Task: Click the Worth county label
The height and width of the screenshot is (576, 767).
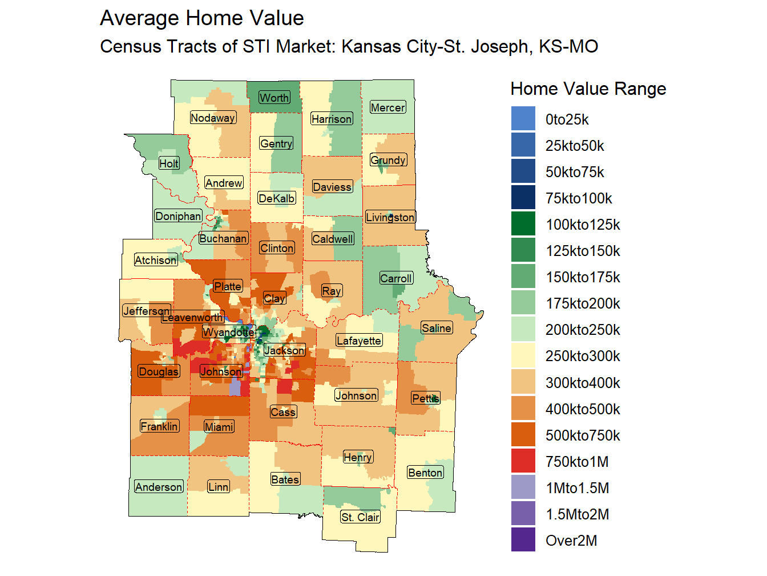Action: pyautogui.click(x=274, y=98)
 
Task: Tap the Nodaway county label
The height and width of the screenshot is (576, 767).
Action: pyautogui.click(x=213, y=118)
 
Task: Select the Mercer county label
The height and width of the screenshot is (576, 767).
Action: pyautogui.click(x=387, y=107)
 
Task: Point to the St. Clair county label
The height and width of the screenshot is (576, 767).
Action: pyautogui.click(x=360, y=517)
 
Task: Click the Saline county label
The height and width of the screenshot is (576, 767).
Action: pyautogui.click(x=437, y=328)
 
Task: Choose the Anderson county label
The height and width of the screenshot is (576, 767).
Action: pyautogui.click(x=159, y=487)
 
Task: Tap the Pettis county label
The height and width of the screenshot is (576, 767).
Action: pyautogui.click(x=426, y=398)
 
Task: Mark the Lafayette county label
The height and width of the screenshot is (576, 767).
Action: pyautogui.click(x=358, y=341)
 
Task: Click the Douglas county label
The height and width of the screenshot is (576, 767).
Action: pyautogui.click(x=159, y=371)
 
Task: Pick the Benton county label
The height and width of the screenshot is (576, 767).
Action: pyautogui.click(x=425, y=473)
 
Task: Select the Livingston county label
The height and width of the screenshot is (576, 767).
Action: pyautogui.click(x=390, y=217)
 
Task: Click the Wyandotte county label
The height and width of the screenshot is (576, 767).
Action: pyautogui.click(x=229, y=332)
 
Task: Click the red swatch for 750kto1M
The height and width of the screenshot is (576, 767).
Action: pyautogui.click(x=523, y=461)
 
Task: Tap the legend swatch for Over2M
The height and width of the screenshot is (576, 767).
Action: pyautogui.click(x=523, y=540)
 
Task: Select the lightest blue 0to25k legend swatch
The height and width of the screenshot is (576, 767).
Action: pyautogui.click(x=523, y=119)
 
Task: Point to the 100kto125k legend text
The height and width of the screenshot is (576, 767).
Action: pyautogui.click(x=583, y=225)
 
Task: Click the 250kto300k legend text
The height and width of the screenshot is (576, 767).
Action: pyautogui.click(x=583, y=356)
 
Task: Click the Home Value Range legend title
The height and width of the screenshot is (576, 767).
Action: pyautogui.click(x=588, y=89)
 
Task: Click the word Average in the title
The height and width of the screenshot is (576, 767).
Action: pyautogui.click(x=139, y=18)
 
